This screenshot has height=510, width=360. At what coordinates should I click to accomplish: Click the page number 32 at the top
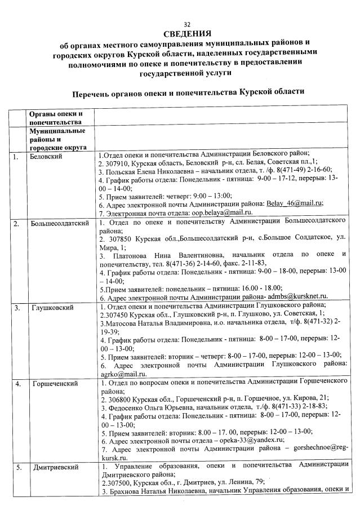[179, 24]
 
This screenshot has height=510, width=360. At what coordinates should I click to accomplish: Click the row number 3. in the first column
[17, 308]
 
